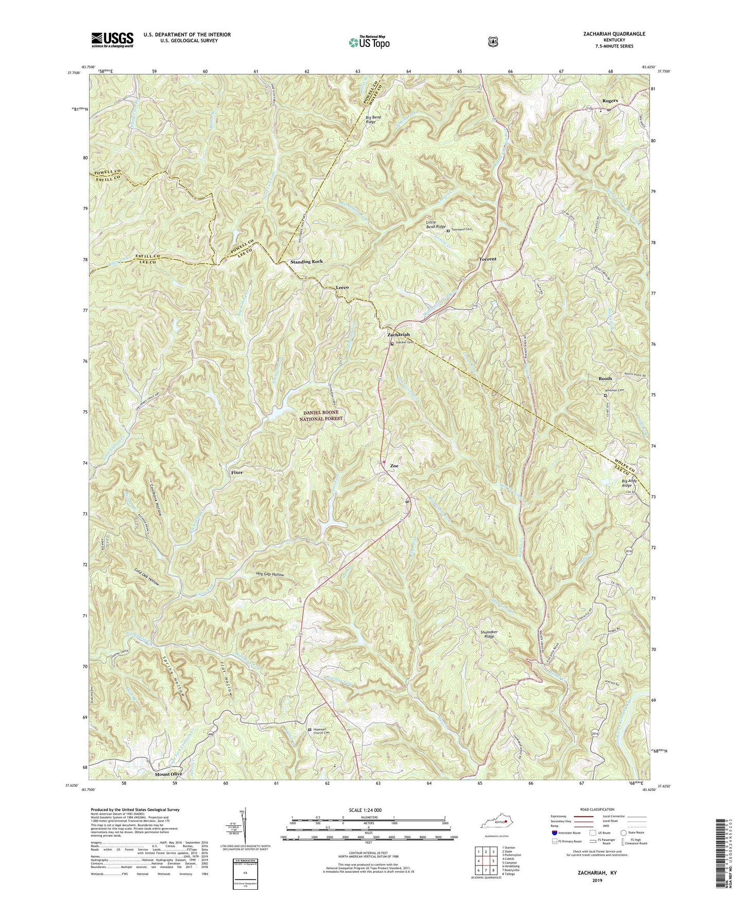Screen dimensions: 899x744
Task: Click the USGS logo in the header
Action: coord(112,39)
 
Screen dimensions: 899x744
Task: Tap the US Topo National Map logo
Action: coord(368,42)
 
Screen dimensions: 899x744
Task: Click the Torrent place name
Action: coord(488,259)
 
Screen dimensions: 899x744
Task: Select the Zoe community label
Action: coord(394,465)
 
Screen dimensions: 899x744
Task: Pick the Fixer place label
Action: coord(237,472)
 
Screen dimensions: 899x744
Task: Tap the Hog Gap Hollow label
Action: coord(270,574)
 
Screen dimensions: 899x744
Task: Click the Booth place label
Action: coord(605,378)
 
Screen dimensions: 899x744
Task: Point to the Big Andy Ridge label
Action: coord(626,483)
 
